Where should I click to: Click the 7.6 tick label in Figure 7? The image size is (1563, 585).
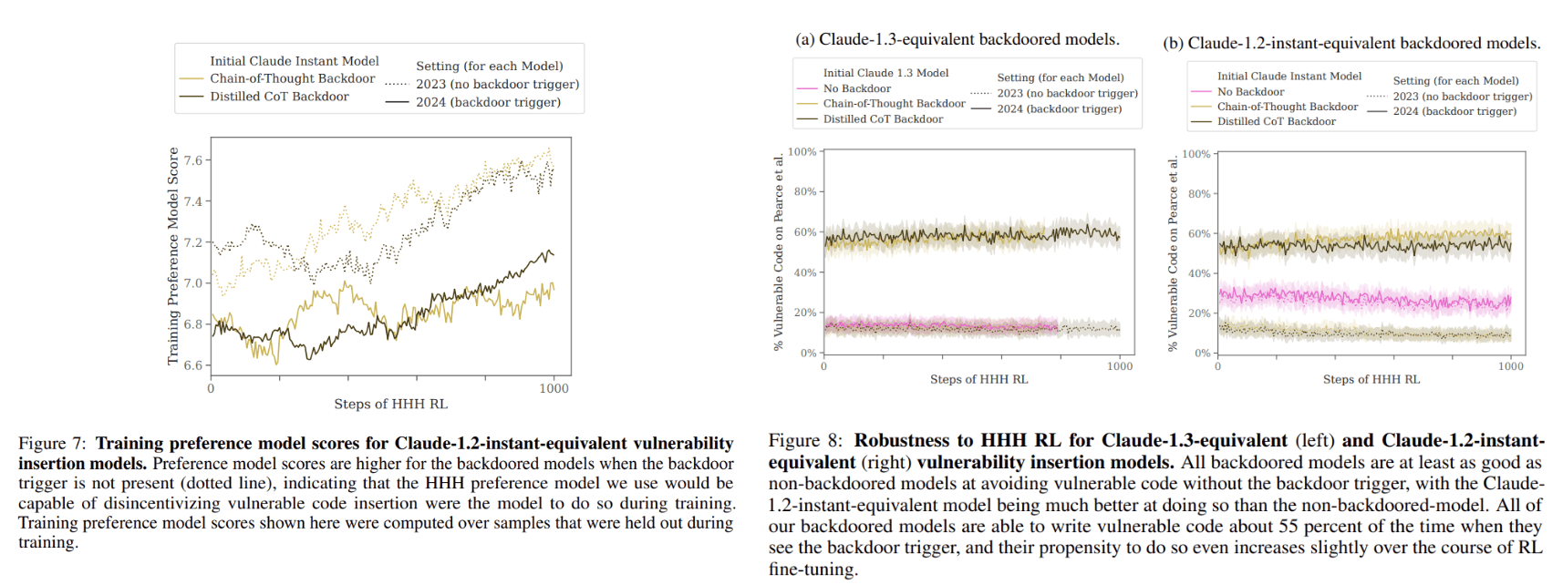(x=192, y=160)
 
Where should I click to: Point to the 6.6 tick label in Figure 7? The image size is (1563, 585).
(x=192, y=365)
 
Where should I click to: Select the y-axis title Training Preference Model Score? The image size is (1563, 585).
(x=173, y=256)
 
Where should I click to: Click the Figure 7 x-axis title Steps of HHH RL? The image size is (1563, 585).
(x=390, y=404)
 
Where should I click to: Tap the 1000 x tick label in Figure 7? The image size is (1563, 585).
(x=554, y=388)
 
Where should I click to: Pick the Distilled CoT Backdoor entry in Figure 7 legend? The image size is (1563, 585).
(x=279, y=97)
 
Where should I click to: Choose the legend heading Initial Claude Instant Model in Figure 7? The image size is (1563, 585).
(x=294, y=61)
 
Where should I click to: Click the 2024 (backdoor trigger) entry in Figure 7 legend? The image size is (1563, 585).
(x=488, y=102)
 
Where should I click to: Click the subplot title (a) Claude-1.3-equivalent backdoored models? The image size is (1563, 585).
(x=957, y=39)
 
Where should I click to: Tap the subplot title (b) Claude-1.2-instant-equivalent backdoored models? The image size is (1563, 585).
(x=1351, y=43)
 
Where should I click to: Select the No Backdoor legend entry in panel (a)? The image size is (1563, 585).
(x=856, y=88)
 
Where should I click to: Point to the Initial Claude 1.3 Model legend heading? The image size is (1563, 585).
(x=885, y=73)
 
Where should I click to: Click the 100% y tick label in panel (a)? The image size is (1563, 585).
(x=802, y=152)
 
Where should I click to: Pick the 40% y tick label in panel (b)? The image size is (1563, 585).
(x=1199, y=273)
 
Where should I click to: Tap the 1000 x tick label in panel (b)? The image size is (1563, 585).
(x=1510, y=366)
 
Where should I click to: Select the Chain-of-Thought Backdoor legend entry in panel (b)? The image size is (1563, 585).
(x=1287, y=107)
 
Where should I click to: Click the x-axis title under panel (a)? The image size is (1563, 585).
(x=978, y=379)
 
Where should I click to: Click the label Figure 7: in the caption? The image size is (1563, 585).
(x=54, y=444)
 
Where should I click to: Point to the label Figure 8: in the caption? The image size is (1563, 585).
(x=805, y=441)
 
